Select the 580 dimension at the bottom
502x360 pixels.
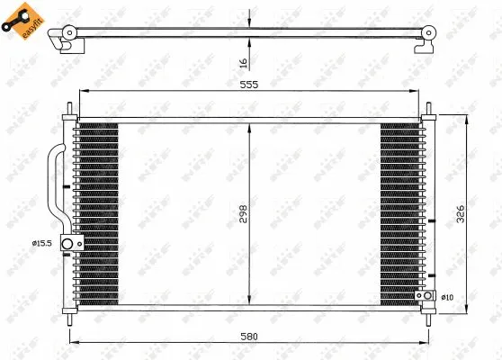249,336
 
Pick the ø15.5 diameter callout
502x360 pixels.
42,243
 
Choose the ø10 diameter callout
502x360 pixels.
447,296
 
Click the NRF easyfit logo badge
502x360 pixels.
22,24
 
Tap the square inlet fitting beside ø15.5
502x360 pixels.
67,243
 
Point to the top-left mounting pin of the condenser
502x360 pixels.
69,114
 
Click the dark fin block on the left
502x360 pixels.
97,213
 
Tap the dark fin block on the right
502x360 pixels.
400,213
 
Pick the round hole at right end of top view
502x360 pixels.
427,34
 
